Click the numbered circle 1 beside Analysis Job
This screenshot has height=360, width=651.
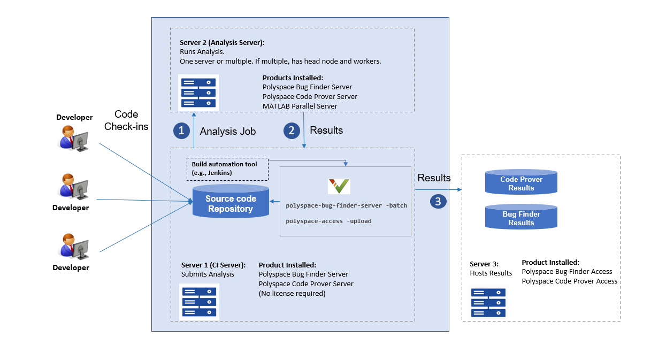181,131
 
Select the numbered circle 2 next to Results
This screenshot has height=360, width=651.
292,131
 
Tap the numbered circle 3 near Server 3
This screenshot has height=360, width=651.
438,201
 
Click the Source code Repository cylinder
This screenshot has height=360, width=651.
231,202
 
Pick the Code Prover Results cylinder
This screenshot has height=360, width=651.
521,182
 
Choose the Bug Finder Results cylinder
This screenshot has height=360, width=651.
521,217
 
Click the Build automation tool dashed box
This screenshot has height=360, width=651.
227,169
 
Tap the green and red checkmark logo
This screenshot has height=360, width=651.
339,186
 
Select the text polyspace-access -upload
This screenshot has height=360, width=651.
328,221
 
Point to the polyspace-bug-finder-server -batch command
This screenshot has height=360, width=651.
346,205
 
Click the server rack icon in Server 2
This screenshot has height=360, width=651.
198,93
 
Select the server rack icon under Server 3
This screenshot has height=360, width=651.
488,303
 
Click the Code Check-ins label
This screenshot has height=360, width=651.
126,120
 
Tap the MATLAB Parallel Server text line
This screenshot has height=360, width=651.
300,106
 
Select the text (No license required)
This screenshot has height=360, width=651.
292,293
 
